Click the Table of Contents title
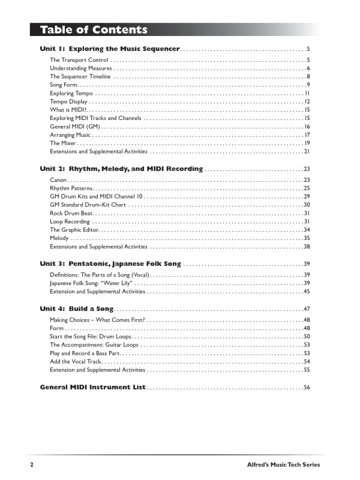coord(94,30)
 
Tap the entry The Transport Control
coord(79,60)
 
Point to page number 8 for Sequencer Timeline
coord(307,77)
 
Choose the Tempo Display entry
coord(68,102)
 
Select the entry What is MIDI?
coord(69,110)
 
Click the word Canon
coord(58,180)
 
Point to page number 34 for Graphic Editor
coord(306,230)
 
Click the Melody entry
coord(60,238)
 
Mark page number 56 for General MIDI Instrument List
coord(306,388)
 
